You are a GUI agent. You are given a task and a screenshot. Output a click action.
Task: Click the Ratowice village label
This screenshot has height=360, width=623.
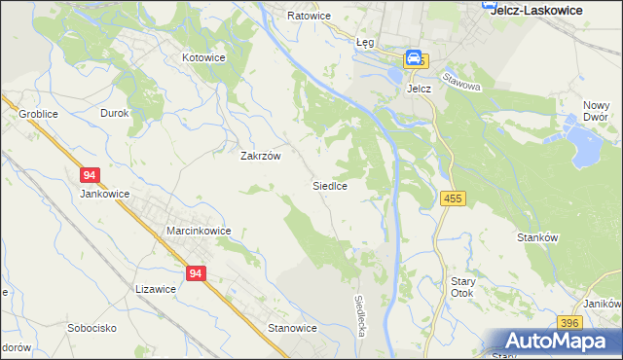click(x=310, y=17)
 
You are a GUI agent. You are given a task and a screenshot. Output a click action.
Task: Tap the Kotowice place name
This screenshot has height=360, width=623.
click(x=205, y=57)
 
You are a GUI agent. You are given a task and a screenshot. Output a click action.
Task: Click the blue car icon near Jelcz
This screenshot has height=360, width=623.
click(x=414, y=58)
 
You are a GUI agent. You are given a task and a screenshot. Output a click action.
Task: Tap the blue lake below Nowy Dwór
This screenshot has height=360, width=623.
click(x=584, y=147)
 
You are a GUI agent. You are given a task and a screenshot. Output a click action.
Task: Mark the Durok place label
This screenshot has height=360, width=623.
click(x=115, y=113)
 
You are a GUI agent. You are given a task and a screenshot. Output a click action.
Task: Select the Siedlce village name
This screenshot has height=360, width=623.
click(x=330, y=185)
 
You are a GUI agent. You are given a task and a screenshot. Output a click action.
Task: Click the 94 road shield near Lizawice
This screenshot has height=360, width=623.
click(x=197, y=274)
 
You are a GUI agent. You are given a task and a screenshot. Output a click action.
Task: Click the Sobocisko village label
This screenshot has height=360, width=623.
click(x=92, y=328)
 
